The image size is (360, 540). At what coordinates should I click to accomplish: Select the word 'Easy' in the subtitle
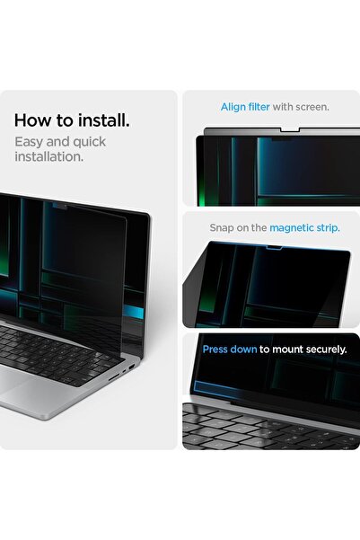coord(31,141)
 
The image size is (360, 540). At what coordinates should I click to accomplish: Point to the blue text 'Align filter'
coord(245,107)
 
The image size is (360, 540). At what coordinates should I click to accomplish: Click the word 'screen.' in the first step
coord(312,107)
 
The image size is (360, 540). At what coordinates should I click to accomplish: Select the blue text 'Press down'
coord(230,349)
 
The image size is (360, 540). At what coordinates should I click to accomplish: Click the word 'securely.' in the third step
coord(324,349)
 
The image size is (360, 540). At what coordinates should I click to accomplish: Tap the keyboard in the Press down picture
coord(260,427)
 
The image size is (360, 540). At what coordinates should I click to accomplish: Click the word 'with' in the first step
coord(283,107)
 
